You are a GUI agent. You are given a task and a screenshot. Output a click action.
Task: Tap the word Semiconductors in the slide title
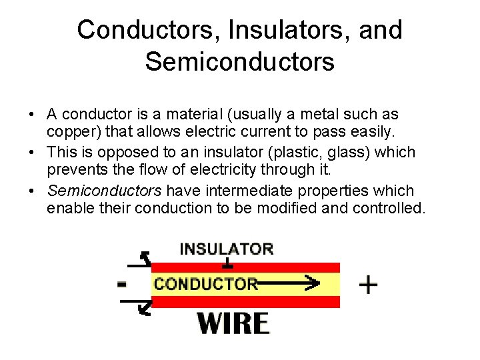[x=239, y=62]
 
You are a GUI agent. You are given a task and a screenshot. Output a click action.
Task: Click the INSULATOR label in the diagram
[x=226, y=249]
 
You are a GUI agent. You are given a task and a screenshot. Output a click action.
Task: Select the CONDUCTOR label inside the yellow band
[x=205, y=284]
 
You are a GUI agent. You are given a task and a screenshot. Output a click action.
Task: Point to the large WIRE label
[x=233, y=324]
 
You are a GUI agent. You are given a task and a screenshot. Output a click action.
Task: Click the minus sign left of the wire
[x=121, y=285]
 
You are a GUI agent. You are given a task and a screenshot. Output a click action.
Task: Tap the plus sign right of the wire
[x=368, y=285]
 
